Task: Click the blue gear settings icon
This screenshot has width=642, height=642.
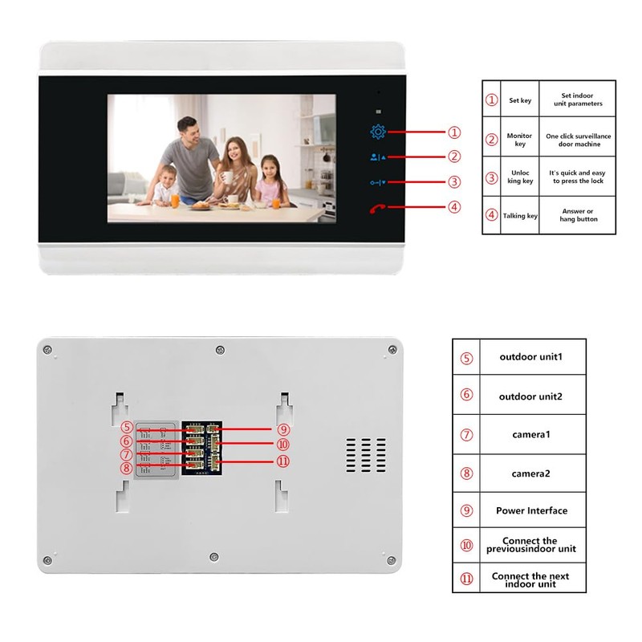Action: (x=378, y=132)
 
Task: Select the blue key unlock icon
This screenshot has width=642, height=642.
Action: (x=378, y=182)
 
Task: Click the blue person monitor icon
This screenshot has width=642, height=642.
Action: (x=378, y=157)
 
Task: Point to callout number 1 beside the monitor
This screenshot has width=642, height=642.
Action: (x=454, y=132)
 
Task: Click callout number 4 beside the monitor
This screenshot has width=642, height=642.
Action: (x=454, y=206)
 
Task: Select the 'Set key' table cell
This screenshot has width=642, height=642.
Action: (x=520, y=101)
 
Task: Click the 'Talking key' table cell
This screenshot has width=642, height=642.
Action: (x=520, y=215)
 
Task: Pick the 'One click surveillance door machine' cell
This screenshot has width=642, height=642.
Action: (x=576, y=140)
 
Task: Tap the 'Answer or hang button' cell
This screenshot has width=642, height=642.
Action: (x=576, y=215)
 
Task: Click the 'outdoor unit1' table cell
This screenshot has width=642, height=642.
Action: (x=530, y=356)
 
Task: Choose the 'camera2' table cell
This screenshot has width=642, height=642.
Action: (x=530, y=473)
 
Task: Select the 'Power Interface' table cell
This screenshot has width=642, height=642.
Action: (x=530, y=510)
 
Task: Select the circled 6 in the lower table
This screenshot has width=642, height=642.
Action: (x=466, y=395)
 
